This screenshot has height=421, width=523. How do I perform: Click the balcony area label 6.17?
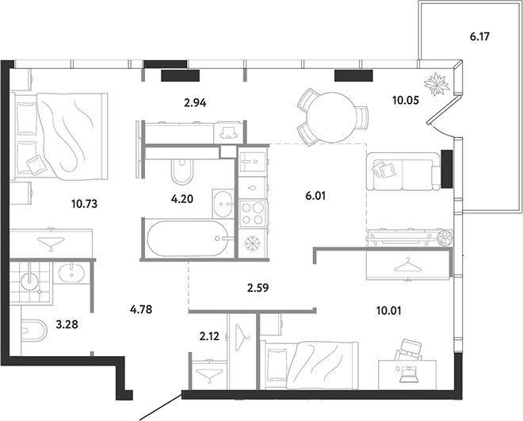click(479, 36)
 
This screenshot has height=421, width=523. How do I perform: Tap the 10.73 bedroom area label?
click(84, 204)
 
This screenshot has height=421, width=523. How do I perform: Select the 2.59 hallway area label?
click(258, 288)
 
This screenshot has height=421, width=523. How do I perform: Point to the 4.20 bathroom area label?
click(182, 199)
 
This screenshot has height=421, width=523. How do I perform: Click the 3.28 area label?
click(67, 324)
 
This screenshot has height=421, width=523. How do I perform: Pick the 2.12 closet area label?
click(209, 336)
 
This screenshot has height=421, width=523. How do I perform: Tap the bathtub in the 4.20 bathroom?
click(189, 238)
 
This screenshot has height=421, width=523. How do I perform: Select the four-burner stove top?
click(252, 213)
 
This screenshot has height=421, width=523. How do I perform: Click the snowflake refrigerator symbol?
click(253, 243)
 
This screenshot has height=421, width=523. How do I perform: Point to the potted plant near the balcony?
click(437, 84)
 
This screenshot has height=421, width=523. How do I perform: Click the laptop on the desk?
click(407, 374)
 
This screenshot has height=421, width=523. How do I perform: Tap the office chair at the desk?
click(409, 350)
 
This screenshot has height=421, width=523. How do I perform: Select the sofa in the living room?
click(403, 171)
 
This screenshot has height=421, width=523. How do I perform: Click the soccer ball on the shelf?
click(445, 238)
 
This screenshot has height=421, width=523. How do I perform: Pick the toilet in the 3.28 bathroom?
click(34, 331)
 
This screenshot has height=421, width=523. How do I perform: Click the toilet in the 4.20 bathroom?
click(182, 171)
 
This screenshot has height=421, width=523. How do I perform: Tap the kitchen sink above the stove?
click(253, 162)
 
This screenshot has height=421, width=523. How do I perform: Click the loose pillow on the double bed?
click(35, 164)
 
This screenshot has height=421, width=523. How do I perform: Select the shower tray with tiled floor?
click(31, 282)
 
